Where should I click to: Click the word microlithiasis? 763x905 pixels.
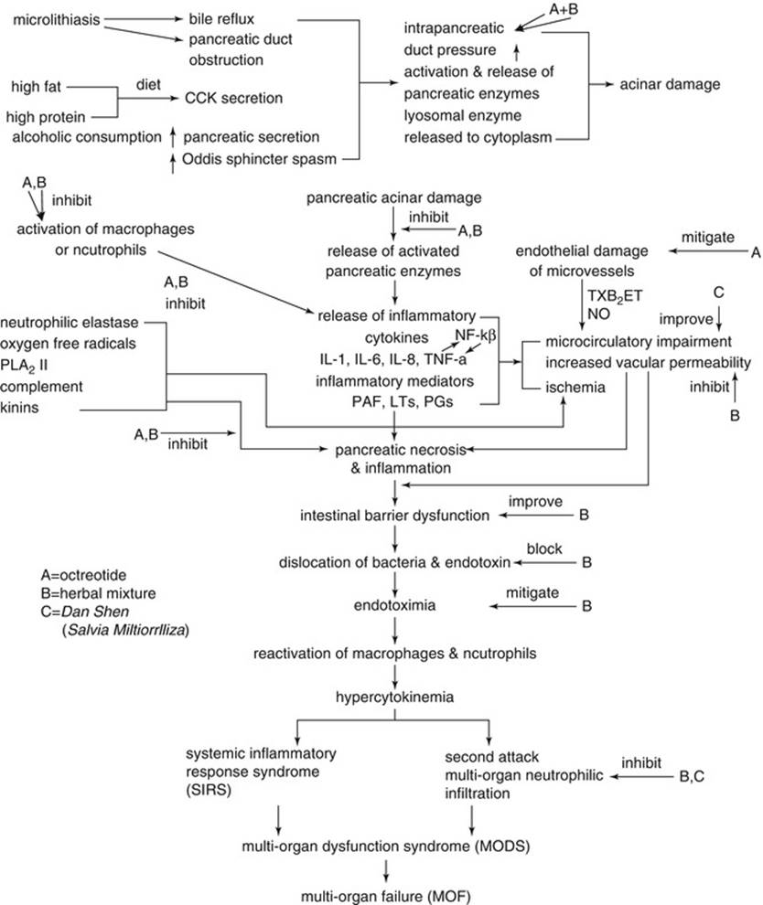pyautogui.click(x=56, y=17)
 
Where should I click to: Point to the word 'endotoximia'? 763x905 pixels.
pyautogui.click(x=395, y=605)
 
